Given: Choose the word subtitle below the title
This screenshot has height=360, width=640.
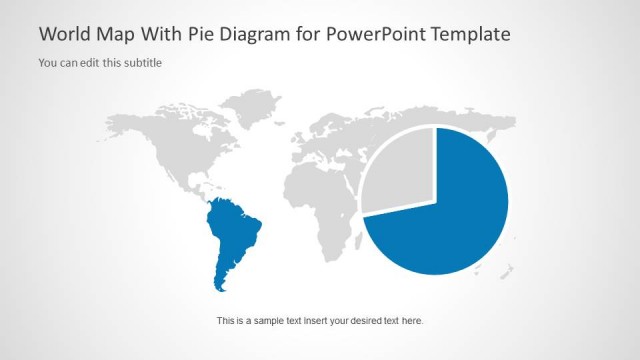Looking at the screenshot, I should tap(142, 63).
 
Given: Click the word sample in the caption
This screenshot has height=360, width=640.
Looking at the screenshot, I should tap(272, 321).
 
